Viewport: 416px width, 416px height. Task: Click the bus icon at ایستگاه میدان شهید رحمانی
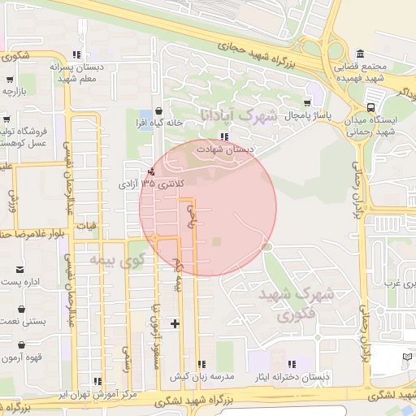pos(371,106)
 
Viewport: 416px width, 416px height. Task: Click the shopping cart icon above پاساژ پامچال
pos(307,103)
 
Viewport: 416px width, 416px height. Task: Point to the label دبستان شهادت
pos(227,150)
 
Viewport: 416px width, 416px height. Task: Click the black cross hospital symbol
pos(175,324)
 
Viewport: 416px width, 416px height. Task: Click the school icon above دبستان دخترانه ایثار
pos(291,363)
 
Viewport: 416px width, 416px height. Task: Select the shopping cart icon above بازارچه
pos(10,80)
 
